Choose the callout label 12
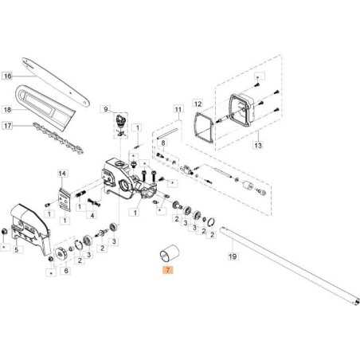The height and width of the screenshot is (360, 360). (199, 102)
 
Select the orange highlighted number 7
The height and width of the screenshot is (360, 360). (167, 271)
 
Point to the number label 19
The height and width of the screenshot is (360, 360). (232, 257)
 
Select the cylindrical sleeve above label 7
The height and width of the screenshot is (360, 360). (167, 252)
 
